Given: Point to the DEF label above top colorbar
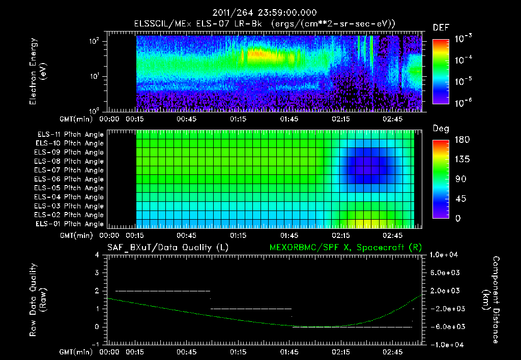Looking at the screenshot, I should (441, 27).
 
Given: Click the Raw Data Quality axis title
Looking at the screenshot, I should (38, 300).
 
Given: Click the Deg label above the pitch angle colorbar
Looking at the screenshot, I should (441, 128).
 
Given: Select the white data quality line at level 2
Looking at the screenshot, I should (163, 291).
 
